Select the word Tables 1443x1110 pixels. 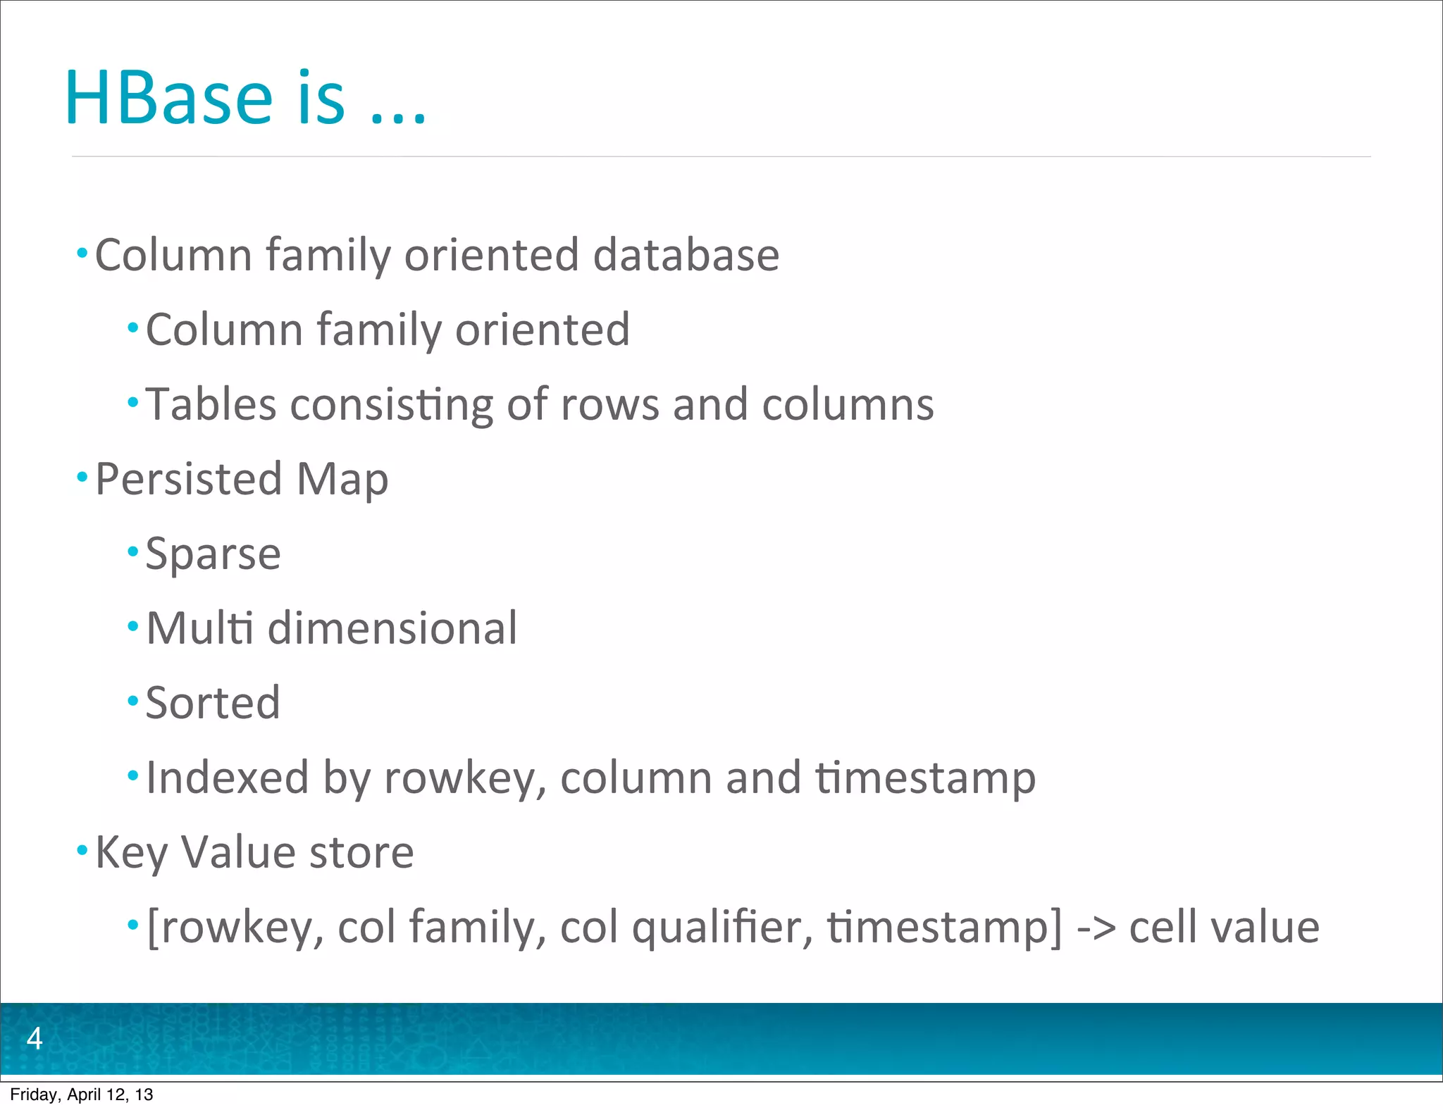211,405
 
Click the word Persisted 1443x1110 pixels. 189,479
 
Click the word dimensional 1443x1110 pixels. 392,628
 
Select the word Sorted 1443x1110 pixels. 213,703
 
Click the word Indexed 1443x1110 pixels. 227,778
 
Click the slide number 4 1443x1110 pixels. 34,1038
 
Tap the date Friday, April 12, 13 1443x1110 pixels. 81,1095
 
